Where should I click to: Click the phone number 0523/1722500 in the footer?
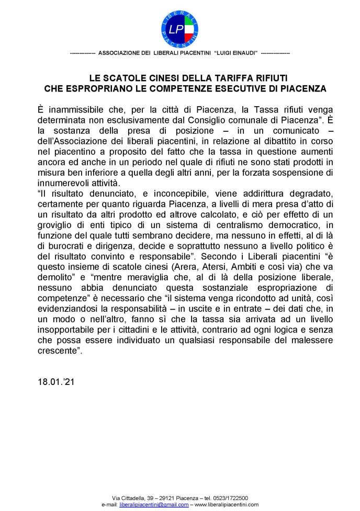(231, 498)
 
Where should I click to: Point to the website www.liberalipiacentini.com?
(227, 505)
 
